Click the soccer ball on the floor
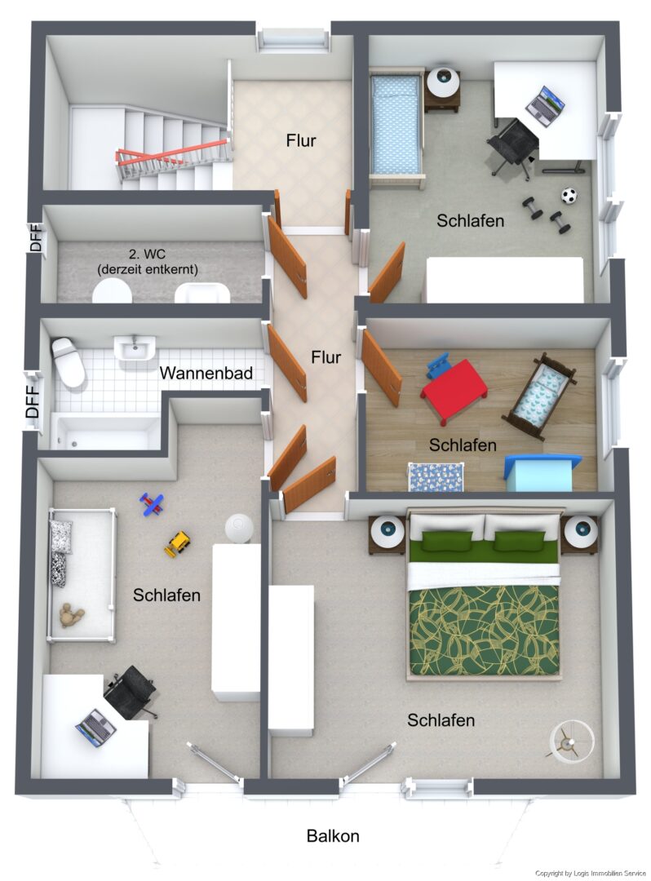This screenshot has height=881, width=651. [x=569, y=196]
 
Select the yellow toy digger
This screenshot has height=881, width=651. [x=178, y=543]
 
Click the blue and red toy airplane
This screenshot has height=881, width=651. [x=152, y=504]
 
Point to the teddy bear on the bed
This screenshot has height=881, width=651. [x=71, y=616]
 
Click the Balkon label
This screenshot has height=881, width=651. [x=333, y=835]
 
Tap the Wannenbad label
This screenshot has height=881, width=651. [x=206, y=373]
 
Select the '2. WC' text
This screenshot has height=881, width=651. [x=147, y=255]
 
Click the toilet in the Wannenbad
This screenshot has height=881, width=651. [x=68, y=361]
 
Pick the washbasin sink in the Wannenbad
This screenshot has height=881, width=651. [x=135, y=348]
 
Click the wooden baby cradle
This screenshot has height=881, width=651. [x=538, y=396]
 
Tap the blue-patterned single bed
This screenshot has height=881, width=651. [x=396, y=127]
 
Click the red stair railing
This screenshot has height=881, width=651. [x=172, y=153]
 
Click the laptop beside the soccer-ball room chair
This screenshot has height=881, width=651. [x=544, y=105]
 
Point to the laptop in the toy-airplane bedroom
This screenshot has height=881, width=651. [x=96, y=728]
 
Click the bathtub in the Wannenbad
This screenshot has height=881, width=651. [x=105, y=432]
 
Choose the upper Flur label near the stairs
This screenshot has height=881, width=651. [x=300, y=140]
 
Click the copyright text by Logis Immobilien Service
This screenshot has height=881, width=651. [x=591, y=873]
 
